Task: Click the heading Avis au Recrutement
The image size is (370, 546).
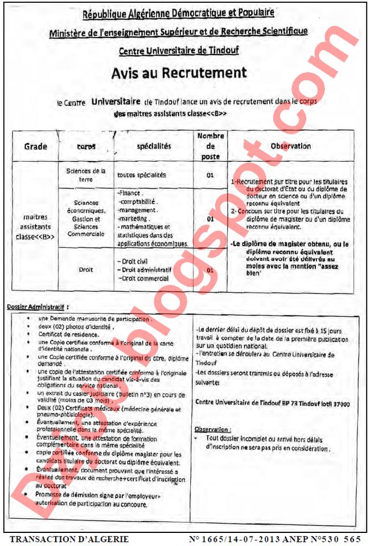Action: click(x=179, y=73)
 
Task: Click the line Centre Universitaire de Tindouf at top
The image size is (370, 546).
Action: click(x=179, y=51)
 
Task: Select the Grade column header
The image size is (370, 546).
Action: click(x=35, y=146)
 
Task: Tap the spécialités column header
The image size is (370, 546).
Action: click(x=154, y=146)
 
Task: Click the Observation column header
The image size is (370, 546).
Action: click(x=290, y=146)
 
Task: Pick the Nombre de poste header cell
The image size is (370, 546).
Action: click(x=210, y=146)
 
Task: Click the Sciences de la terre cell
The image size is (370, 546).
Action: click(x=86, y=174)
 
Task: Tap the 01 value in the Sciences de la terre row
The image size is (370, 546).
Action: click(x=210, y=175)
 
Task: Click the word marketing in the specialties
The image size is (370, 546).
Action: click(x=131, y=218)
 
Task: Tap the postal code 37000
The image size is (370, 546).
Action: click(x=340, y=403)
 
